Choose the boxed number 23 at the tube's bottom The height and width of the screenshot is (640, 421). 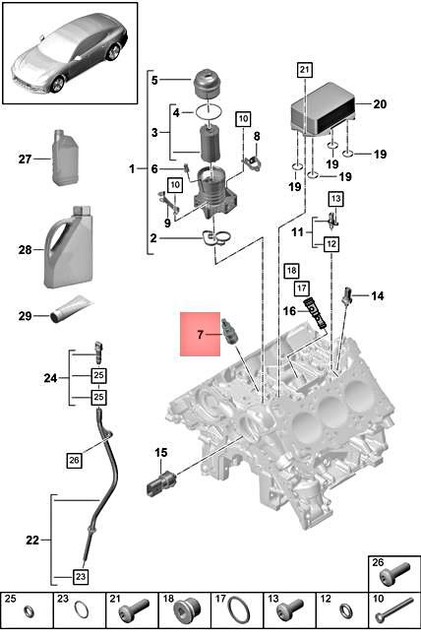coord(80,575)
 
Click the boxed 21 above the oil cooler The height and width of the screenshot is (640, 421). coord(304,69)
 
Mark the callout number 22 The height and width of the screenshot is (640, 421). coord(31,540)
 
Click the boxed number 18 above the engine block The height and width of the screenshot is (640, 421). coord(291,270)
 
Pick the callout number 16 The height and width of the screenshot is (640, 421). coord(288,310)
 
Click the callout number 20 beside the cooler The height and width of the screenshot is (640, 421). coord(378,103)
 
